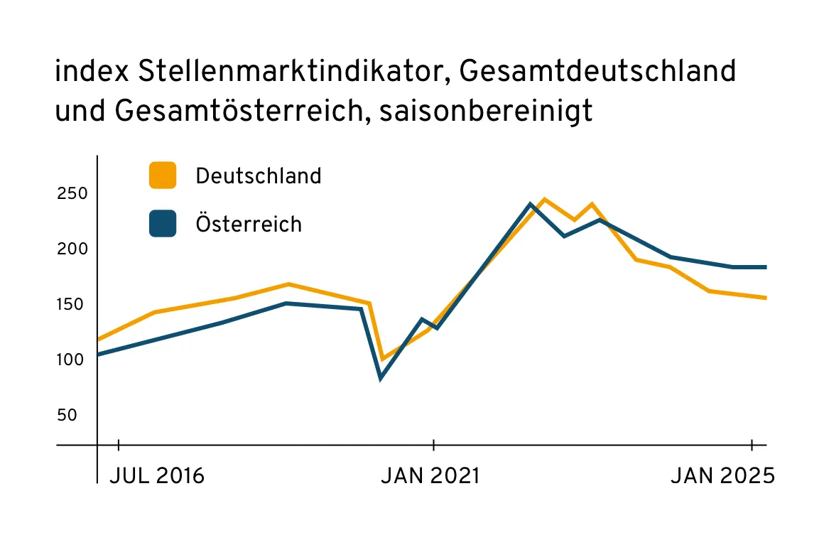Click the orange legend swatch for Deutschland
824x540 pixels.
(x=163, y=175)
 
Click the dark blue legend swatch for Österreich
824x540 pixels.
(x=163, y=224)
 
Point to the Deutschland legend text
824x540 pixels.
(x=259, y=175)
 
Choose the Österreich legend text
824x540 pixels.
(x=249, y=224)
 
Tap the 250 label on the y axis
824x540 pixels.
(x=72, y=194)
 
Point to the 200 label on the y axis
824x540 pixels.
(x=72, y=249)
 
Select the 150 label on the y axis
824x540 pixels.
(x=72, y=305)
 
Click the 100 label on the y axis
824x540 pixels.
(x=72, y=360)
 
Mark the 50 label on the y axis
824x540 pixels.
(x=66, y=415)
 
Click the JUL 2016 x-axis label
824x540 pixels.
(x=157, y=476)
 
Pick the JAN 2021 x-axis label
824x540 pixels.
(x=430, y=476)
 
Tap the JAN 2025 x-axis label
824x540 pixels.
(x=722, y=476)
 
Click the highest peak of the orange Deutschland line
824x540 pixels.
(x=544, y=199)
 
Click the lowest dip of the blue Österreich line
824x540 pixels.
(x=381, y=379)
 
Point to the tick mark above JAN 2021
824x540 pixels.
(x=433, y=445)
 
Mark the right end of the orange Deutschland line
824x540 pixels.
(x=766, y=298)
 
